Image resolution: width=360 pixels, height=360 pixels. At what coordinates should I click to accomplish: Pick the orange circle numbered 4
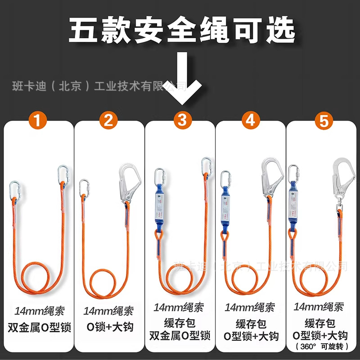(251, 120)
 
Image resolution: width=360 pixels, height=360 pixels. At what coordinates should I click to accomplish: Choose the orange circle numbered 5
(321, 120)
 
